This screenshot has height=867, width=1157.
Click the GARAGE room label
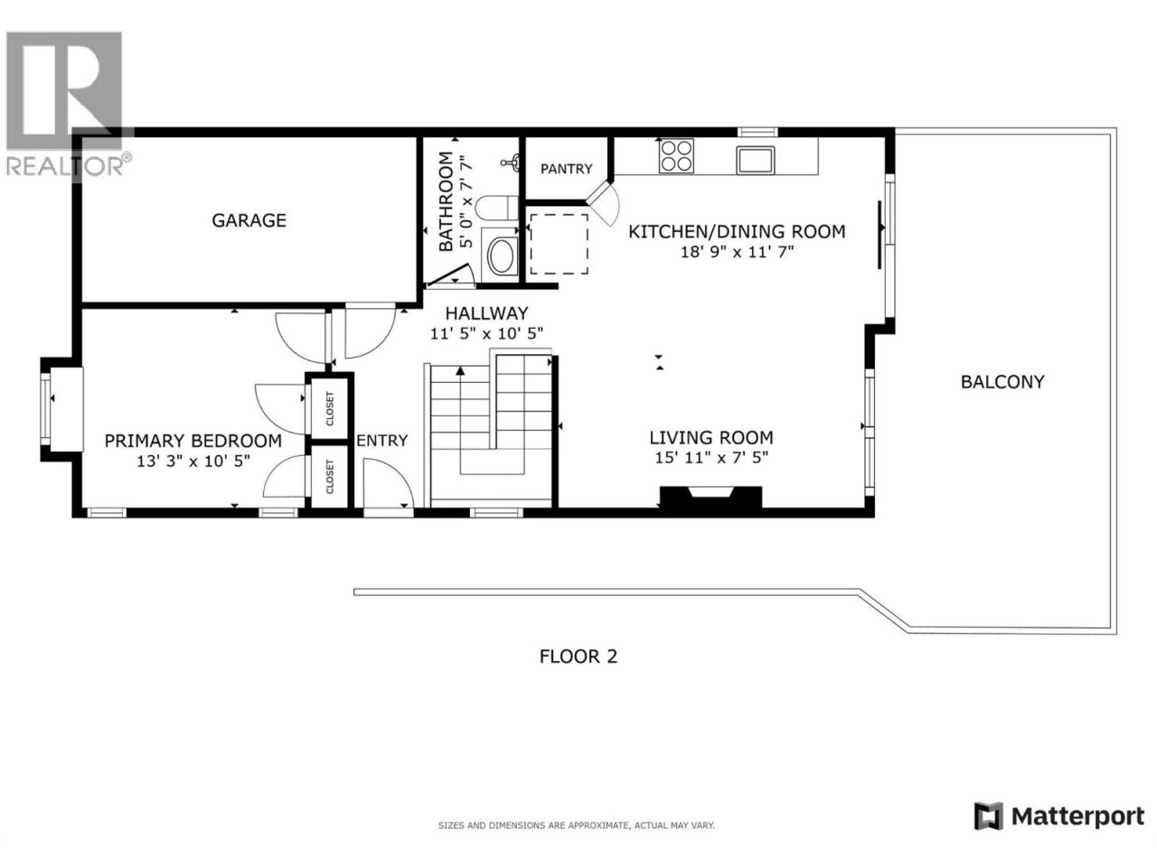(x=249, y=220)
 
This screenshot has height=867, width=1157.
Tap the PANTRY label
(x=566, y=169)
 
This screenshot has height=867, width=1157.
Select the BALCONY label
(x=1002, y=382)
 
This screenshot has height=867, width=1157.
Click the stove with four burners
(x=676, y=156)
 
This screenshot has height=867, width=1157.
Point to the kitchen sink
(x=756, y=160)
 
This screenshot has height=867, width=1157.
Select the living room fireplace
(x=710, y=497)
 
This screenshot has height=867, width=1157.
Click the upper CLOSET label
(x=330, y=408)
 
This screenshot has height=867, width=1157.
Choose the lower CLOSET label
(x=330, y=477)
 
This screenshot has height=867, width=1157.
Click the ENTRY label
(x=382, y=440)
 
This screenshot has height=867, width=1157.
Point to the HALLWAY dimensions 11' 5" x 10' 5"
(x=486, y=333)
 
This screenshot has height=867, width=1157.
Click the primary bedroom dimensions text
(x=193, y=461)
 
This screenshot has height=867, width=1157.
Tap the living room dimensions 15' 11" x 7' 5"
(x=711, y=458)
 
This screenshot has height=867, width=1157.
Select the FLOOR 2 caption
(x=578, y=657)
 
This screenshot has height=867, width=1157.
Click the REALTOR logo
(x=66, y=104)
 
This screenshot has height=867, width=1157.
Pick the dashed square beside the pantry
(x=560, y=244)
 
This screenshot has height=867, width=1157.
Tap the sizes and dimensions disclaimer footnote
(x=576, y=825)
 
